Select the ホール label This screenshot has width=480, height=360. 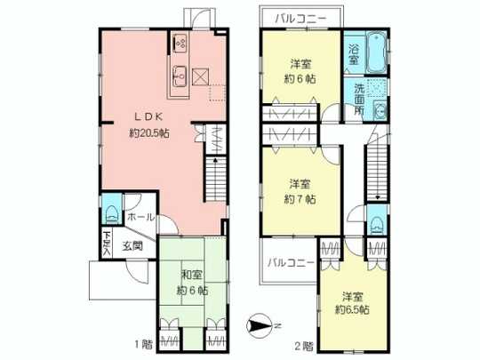140,216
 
